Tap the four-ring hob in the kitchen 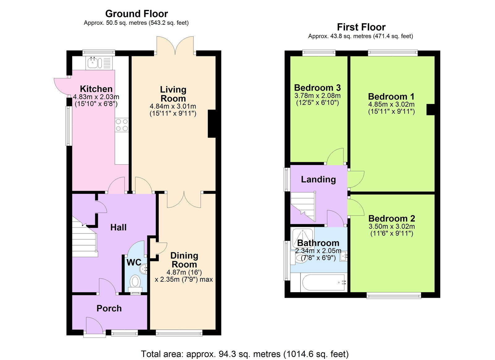[x=122, y=125]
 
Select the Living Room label [x=173, y=94]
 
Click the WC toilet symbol [x=135, y=282]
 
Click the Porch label [x=109, y=308]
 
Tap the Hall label [x=118, y=228]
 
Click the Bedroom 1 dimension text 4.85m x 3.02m [x=391, y=105]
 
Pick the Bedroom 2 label [x=391, y=219]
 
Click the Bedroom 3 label [x=317, y=88]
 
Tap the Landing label [x=318, y=180]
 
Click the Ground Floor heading [x=136, y=14]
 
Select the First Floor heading [x=361, y=27]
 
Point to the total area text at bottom [x=244, y=354]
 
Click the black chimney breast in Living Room [x=212, y=124]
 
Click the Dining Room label [x=184, y=260]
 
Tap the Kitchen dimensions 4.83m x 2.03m [x=96, y=97]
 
